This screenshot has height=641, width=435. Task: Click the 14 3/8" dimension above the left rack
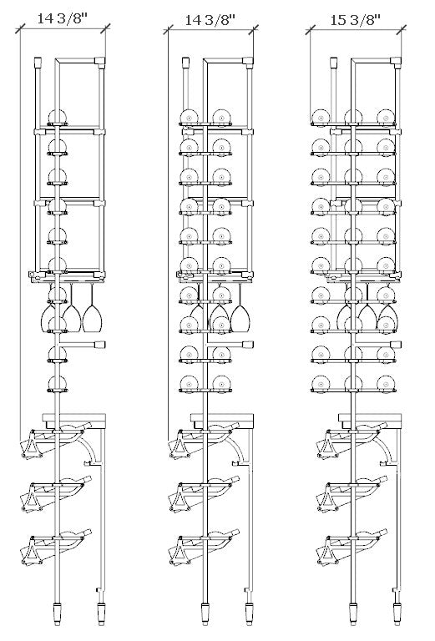click(63, 19)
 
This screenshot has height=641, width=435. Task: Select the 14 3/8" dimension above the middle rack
click(210, 20)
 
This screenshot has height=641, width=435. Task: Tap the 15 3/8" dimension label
click(356, 19)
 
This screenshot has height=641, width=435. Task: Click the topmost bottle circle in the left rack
click(58, 118)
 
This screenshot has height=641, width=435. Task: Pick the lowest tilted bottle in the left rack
click(56, 546)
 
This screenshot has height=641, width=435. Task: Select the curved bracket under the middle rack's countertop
click(240, 450)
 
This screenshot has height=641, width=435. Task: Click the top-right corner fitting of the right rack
click(396, 61)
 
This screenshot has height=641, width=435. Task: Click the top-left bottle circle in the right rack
click(321, 118)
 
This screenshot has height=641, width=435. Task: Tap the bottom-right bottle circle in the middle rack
click(221, 384)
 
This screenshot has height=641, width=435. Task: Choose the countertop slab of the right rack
click(370, 418)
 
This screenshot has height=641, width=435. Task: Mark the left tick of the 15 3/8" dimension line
click(310, 30)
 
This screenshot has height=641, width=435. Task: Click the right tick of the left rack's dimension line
click(105, 28)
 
